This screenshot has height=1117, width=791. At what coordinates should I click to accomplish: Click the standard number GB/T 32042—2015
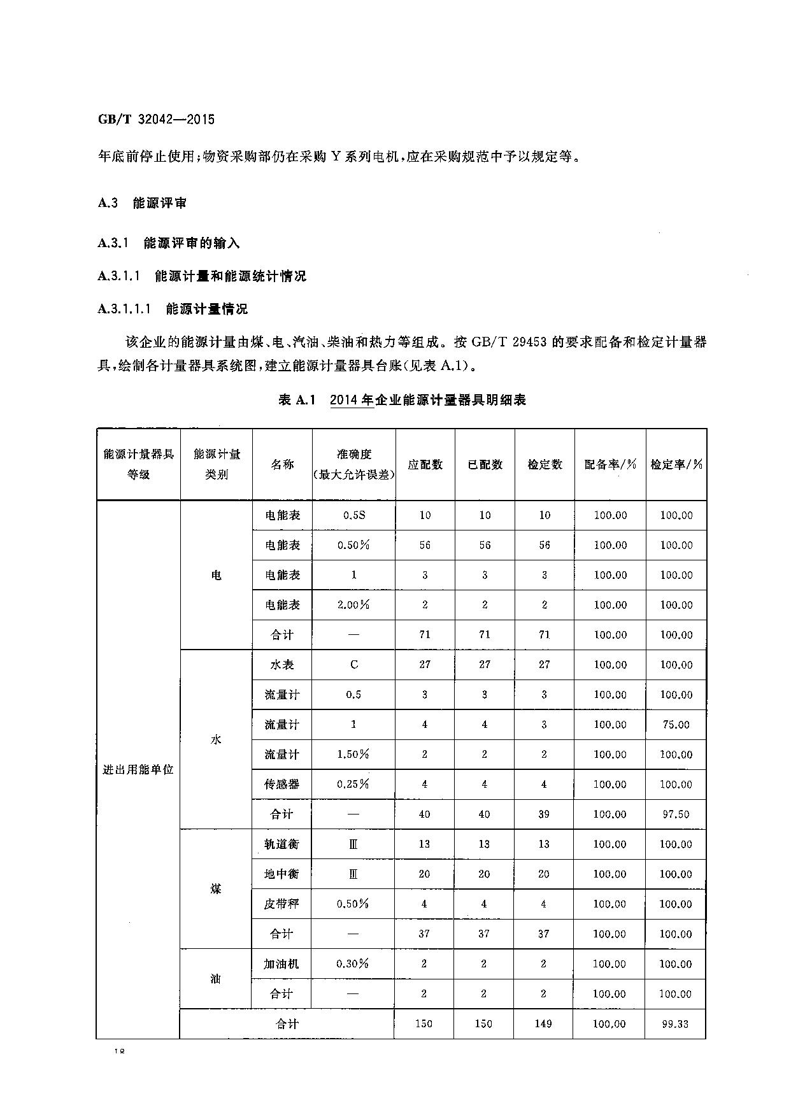tap(156, 119)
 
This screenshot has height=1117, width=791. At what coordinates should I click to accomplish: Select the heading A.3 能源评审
tap(142, 203)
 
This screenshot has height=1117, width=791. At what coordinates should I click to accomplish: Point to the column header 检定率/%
tap(676, 464)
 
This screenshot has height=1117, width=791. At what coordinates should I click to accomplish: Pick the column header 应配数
tap(425, 464)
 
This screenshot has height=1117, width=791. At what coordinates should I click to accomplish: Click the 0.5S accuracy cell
tap(353, 515)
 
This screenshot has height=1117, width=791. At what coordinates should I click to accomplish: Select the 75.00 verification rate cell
tap(676, 724)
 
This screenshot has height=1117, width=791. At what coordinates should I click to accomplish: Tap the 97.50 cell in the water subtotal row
tap(676, 814)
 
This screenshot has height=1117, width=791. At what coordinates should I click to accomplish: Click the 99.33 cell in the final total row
tap(676, 1023)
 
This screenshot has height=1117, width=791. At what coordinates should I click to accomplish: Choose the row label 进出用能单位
tap(138, 769)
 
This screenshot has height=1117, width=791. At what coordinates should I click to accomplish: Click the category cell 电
tap(217, 575)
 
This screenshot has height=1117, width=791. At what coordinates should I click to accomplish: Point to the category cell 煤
tap(216, 889)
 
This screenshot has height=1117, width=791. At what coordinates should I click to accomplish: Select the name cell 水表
tap(282, 664)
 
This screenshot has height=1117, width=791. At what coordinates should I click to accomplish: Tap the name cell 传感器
tap(281, 784)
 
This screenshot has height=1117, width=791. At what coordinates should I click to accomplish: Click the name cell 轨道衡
tap(281, 844)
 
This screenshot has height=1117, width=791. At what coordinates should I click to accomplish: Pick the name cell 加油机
tap(281, 964)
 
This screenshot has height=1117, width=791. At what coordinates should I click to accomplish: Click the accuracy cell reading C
tap(353, 664)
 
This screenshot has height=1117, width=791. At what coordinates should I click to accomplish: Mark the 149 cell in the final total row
tap(544, 1023)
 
